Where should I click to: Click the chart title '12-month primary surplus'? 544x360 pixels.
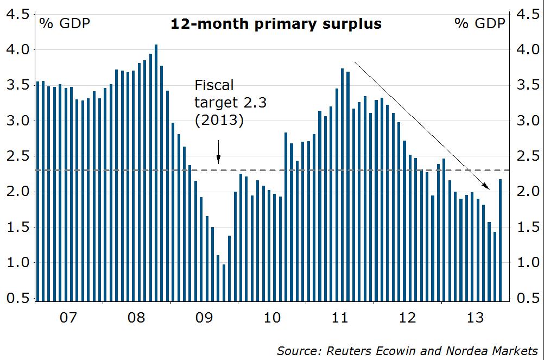pos(276,24)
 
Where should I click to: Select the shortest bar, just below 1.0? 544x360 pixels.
pos(224,282)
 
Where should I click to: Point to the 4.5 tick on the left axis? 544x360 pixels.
pos(17,15)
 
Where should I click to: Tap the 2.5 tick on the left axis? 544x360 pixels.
pos(17,156)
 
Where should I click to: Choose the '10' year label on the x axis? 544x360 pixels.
pos(271,317)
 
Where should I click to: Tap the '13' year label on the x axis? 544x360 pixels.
pos(475,317)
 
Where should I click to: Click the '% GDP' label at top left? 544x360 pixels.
pos(64,23)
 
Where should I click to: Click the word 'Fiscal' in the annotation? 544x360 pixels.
pos(214,86)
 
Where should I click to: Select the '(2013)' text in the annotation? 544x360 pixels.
pos(219,120)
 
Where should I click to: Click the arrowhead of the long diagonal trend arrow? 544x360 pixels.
pos(487,187)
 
